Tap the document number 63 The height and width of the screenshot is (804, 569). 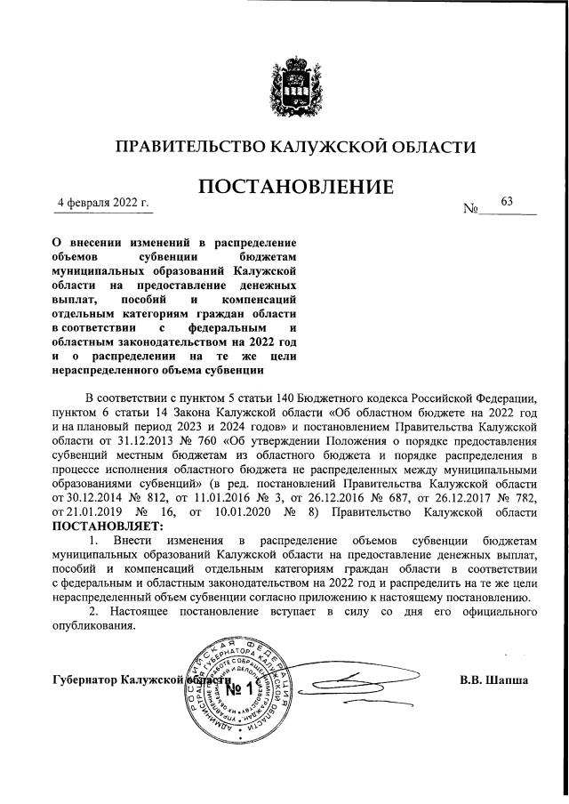(508, 202)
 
